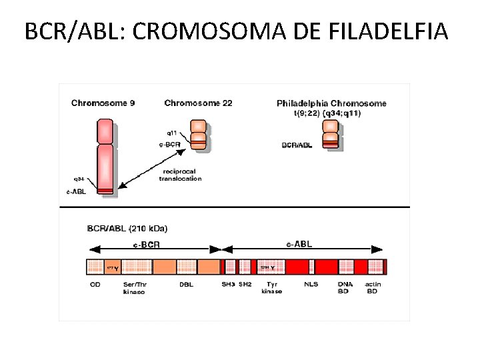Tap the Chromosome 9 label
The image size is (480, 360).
point(103,103)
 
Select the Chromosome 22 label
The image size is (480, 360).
point(198,103)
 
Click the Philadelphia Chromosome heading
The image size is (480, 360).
point(331,103)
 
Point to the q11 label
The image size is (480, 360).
point(172,133)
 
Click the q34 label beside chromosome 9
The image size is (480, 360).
point(79,179)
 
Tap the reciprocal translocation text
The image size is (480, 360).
point(180,175)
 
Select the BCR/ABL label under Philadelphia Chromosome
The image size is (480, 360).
point(297,144)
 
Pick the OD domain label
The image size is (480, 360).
point(95,284)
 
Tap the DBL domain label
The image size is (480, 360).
point(187,284)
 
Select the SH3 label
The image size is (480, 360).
point(228,284)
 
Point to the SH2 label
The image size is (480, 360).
point(245,284)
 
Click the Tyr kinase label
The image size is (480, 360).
point(271,287)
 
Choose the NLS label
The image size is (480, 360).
point(311,284)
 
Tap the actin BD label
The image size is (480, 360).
point(373,287)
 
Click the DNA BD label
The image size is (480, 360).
point(345,287)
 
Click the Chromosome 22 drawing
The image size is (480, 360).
point(198,135)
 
